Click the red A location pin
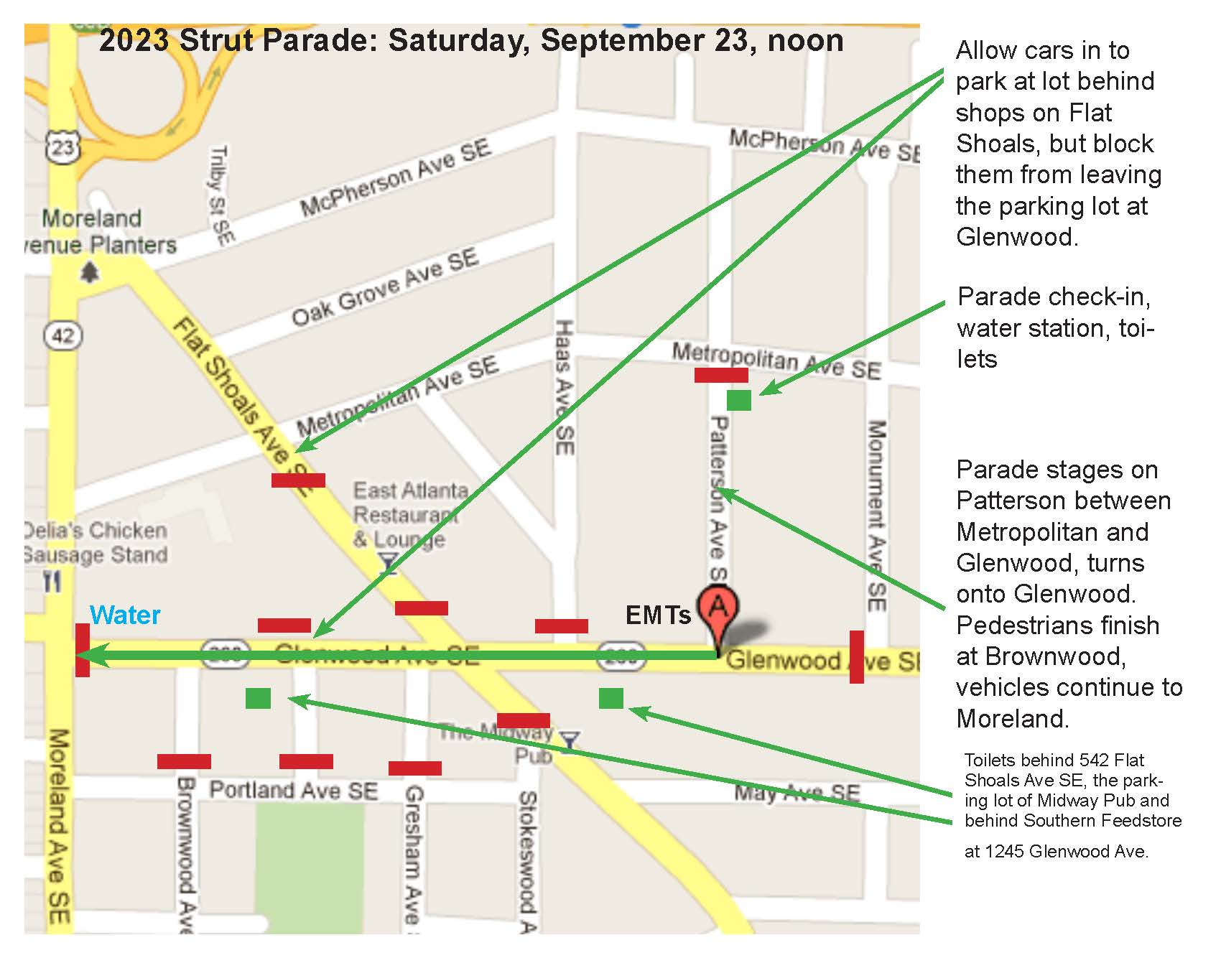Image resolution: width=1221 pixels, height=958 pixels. [718, 609]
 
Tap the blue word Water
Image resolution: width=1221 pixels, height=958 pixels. [125, 615]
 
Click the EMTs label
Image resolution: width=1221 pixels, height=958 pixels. [658, 615]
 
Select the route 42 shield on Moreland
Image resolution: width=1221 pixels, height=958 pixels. [63, 335]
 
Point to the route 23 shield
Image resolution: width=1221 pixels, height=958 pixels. [62, 147]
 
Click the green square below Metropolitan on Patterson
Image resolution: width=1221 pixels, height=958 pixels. [738, 400]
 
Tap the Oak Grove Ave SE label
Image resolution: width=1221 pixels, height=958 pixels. [385, 287]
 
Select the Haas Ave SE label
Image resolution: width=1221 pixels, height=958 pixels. [565, 387]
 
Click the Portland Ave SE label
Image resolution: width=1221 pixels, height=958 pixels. [293, 791]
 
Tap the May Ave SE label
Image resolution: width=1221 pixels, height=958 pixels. [797, 793]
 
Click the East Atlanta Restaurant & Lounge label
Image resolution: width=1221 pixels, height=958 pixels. [405, 515]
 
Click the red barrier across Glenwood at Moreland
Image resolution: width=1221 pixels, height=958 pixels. [83, 650]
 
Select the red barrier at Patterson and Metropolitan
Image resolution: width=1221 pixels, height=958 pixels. [721, 375]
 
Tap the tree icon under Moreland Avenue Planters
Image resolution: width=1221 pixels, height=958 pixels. [90, 273]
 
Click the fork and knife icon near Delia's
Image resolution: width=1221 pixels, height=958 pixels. [52, 582]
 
